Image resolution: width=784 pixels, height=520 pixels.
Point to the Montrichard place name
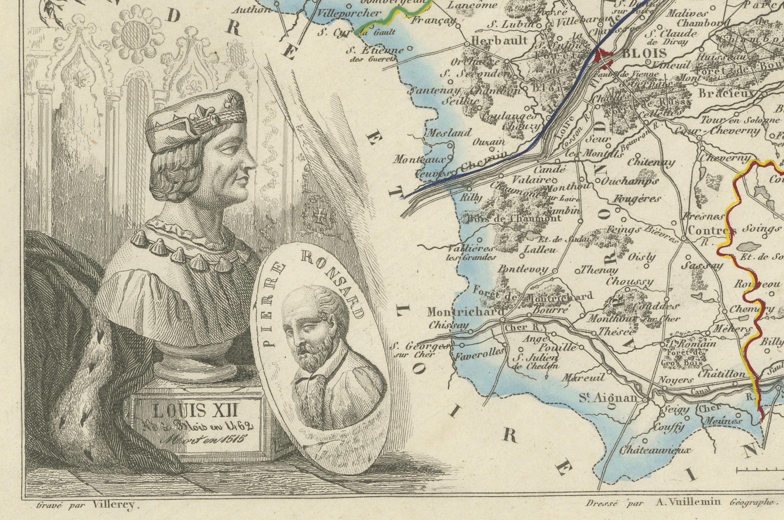click(x=465, y=312)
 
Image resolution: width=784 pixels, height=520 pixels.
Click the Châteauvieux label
click(x=652, y=450)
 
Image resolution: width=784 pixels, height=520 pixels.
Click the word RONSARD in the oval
click(x=335, y=285)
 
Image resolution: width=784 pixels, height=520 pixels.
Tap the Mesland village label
click(x=448, y=133)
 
